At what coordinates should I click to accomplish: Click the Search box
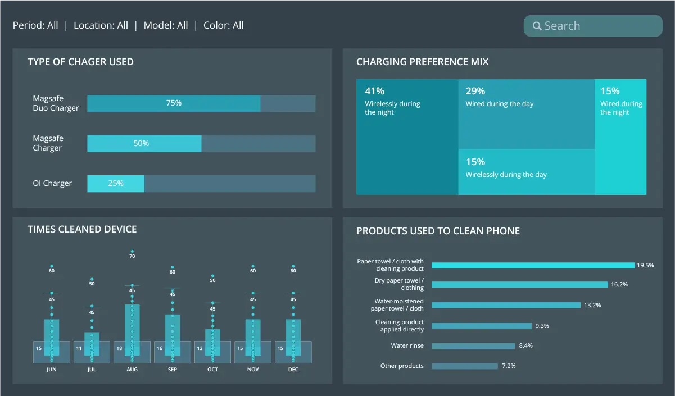click(593, 26)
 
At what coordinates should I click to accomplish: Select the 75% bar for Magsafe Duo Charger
click(174, 103)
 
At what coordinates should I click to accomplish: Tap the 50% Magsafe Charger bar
click(144, 144)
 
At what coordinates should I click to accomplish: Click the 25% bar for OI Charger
click(116, 184)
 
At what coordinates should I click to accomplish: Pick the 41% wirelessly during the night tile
click(407, 137)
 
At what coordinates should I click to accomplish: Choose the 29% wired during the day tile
click(526, 114)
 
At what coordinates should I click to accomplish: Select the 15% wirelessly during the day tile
click(526, 172)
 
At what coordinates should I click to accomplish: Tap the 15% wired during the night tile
click(620, 137)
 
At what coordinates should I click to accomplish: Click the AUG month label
click(132, 370)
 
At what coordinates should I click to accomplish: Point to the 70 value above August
click(132, 256)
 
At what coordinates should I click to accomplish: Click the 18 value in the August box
click(119, 348)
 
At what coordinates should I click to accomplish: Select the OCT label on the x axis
click(212, 370)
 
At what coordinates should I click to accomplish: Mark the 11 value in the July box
click(79, 348)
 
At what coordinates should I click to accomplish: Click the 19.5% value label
click(645, 265)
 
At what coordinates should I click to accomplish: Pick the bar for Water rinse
click(473, 346)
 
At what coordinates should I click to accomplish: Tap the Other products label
click(402, 366)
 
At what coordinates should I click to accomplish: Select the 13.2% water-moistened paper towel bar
click(506, 305)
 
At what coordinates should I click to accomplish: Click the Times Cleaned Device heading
click(82, 229)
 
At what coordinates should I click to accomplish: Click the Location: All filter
click(101, 25)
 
